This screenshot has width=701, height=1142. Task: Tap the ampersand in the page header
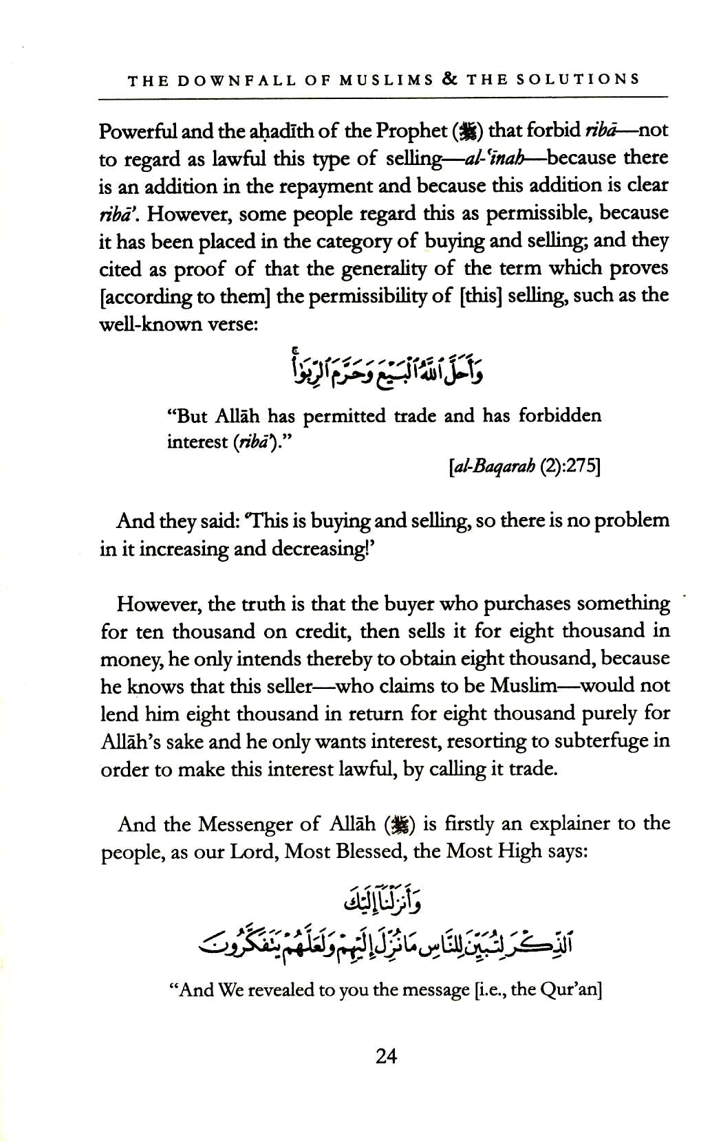coord(451,79)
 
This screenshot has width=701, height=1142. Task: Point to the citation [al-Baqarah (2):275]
coord(524,468)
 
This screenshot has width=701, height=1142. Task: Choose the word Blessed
coord(372,852)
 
